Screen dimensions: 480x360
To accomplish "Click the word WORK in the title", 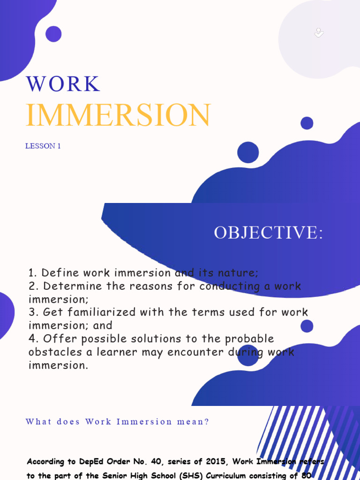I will [63, 84].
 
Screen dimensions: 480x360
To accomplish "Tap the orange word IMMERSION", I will [118, 115].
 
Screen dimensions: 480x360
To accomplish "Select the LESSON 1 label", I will [43, 146].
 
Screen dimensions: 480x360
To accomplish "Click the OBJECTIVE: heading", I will [268, 232].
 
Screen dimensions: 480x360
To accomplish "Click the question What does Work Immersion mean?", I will [117, 421].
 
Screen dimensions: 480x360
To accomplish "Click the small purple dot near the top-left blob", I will [53, 34].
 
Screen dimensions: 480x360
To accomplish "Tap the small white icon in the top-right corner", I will [319, 32].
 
